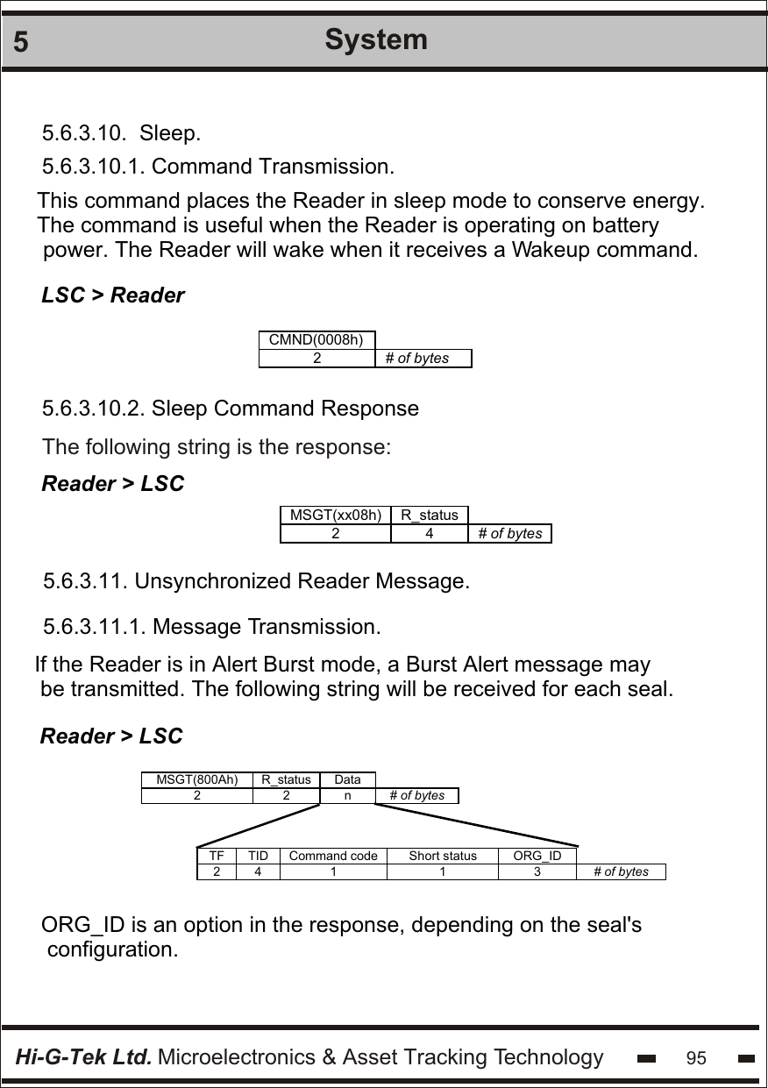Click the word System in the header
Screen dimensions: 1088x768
click(x=376, y=39)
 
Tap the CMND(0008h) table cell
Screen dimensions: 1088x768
click(x=316, y=340)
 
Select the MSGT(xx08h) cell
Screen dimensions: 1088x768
click(x=335, y=515)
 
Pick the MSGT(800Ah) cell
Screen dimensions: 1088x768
click(x=196, y=779)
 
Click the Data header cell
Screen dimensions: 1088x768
click(x=347, y=779)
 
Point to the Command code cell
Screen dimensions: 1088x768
click(x=333, y=856)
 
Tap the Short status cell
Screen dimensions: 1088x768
click(x=443, y=856)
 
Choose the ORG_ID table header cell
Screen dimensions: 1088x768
click(x=537, y=856)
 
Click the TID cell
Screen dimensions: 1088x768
click(x=258, y=856)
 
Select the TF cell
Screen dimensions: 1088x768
click(x=217, y=856)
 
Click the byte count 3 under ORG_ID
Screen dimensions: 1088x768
click(x=537, y=871)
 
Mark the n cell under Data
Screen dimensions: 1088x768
click(x=347, y=796)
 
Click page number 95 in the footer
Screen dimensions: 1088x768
click(x=696, y=1058)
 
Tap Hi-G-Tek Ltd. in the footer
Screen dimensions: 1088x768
click(x=84, y=1057)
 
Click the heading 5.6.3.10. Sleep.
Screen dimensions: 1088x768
click(x=122, y=134)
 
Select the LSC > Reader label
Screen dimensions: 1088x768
click(x=114, y=295)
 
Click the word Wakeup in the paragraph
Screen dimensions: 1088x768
click(x=551, y=250)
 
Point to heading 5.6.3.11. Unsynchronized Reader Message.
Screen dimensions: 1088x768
click(x=257, y=581)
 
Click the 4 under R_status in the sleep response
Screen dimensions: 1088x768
click(x=429, y=533)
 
